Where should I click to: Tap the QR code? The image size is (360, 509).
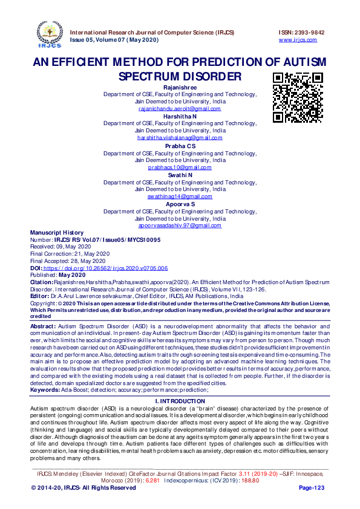297,97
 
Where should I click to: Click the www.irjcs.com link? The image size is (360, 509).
298,40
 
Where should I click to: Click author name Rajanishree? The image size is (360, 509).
180,88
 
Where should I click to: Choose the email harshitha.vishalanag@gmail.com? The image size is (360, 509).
180,138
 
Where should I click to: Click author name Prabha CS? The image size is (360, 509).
180,146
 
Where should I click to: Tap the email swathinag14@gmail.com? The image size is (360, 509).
180,196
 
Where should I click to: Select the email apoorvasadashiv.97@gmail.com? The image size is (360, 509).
180,225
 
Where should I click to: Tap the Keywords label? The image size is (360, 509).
44,390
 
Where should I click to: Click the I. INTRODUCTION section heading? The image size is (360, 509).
180,401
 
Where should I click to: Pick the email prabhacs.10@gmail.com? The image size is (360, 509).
180,167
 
